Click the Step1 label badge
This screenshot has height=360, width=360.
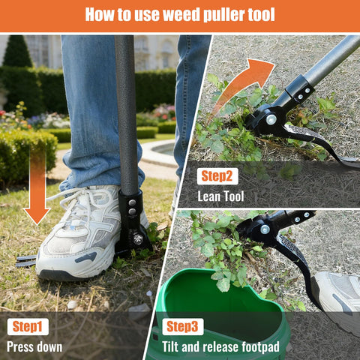point(28,326)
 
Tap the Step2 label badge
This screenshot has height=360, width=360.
point(217,176)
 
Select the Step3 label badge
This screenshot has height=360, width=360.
point(183,326)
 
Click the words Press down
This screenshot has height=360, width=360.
point(34,347)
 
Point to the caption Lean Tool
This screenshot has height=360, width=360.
point(220,196)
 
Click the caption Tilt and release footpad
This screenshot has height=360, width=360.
point(220,347)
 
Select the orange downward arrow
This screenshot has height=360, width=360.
point(37,185)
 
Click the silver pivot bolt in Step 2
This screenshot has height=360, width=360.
point(271,119)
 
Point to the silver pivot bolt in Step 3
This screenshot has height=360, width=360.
point(265,229)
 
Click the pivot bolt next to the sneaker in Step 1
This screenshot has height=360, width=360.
point(138,239)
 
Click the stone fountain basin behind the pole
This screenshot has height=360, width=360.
point(160,152)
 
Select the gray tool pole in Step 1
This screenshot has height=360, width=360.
point(126,115)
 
